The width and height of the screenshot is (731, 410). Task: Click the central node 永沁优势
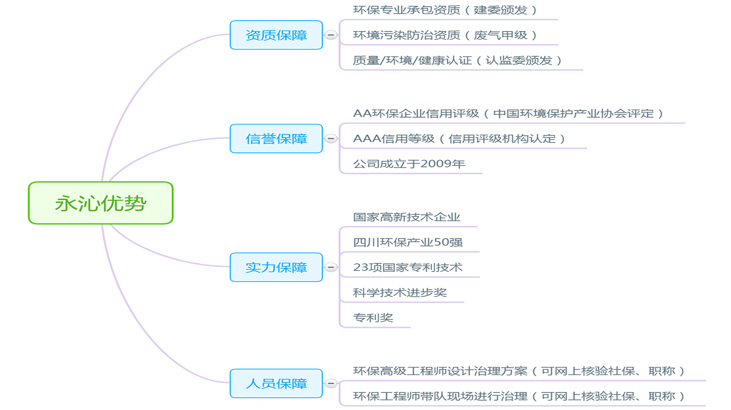click(x=101, y=203)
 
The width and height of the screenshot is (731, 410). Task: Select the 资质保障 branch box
click(x=276, y=35)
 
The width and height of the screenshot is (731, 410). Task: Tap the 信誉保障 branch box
click(x=276, y=138)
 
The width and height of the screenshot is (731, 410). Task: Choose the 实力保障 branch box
click(x=276, y=267)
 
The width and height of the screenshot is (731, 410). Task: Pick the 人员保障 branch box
click(x=276, y=384)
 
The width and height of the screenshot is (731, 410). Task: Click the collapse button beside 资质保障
click(x=331, y=35)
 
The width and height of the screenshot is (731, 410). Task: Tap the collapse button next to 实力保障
click(x=331, y=267)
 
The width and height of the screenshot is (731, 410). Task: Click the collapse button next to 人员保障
click(x=331, y=384)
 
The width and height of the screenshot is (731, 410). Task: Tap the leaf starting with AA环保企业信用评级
click(x=509, y=114)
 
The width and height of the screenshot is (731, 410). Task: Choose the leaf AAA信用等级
click(x=460, y=139)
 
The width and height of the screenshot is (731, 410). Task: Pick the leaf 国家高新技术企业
click(x=407, y=217)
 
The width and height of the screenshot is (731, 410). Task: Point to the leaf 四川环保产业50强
click(x=408, y=242)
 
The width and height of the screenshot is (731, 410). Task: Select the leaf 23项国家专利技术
click(x=408, y=267)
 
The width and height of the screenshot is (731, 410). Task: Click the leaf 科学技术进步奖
click(x=400, y=293)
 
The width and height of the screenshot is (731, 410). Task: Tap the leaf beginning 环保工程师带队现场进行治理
click(x=519, y=397)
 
